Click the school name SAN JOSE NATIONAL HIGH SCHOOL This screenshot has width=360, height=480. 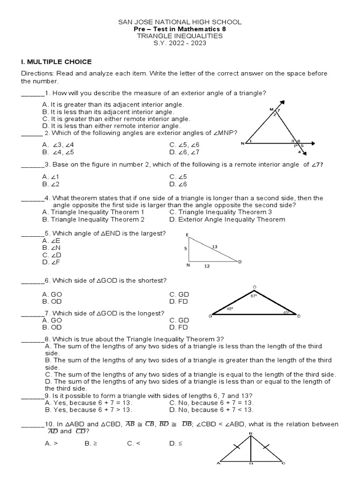pos(180,22)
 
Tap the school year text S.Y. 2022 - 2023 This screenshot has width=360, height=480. pos(180,43)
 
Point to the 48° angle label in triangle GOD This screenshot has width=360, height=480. pos(230,309)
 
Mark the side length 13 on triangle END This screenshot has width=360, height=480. pos(215,246)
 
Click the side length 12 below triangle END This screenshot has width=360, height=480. pos(206,266)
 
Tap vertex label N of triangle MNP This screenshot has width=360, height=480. pos(242,143)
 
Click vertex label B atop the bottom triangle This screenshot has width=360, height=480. pos(251,433)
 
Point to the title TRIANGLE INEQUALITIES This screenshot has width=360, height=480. pos(180,36)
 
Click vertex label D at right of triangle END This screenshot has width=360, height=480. pos(240,262)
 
